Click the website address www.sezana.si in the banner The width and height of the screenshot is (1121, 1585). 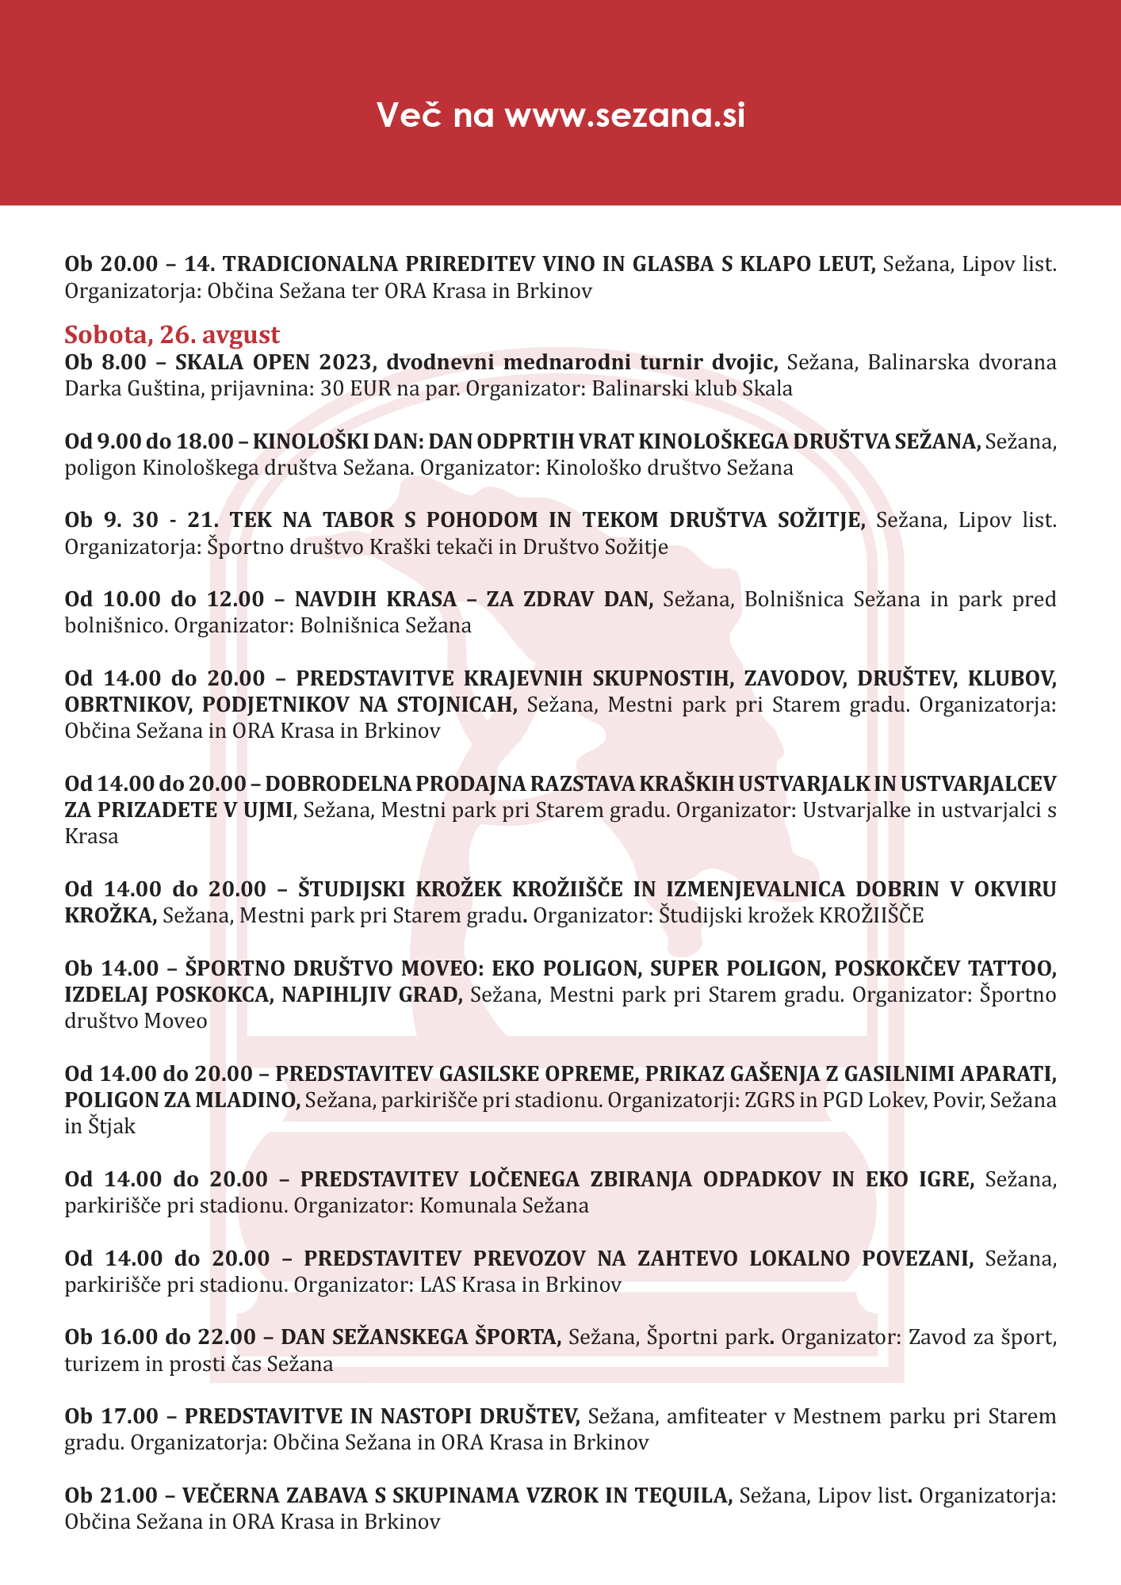625,116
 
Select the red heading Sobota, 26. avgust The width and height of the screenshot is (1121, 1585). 172,334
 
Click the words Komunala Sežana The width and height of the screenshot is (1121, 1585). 503,1205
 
